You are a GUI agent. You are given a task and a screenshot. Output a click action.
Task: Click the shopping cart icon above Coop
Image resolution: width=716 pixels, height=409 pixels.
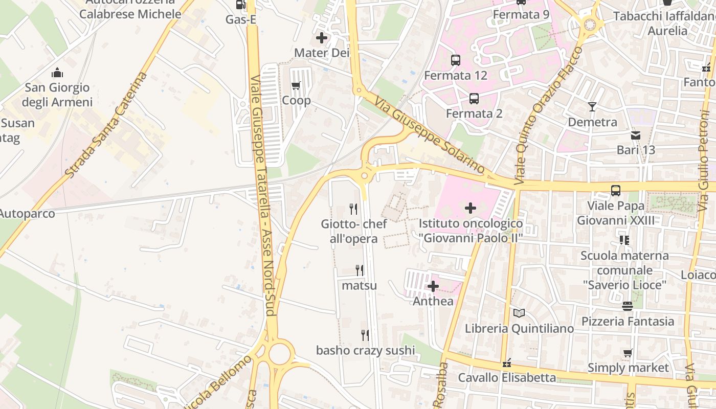296,85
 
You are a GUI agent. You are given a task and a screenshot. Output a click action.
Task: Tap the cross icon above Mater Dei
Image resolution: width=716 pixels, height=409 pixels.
321,37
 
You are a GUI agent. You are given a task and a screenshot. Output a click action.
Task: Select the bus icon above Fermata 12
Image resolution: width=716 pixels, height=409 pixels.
455,60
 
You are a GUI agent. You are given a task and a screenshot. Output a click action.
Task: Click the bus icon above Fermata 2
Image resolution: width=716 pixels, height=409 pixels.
474,98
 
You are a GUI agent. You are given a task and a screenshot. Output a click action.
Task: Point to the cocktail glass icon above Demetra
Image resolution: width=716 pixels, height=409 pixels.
592,107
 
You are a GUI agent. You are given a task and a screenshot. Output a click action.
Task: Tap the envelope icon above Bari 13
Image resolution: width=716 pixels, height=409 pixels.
635,135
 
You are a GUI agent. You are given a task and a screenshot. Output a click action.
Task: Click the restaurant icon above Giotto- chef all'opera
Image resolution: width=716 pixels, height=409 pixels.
353,209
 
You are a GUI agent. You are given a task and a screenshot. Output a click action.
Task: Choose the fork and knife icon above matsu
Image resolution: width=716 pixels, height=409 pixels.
360,270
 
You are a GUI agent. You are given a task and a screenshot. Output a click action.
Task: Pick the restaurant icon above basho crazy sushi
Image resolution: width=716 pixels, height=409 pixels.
365,335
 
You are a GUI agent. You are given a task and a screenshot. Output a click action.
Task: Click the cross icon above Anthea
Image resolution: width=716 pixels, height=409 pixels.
433,286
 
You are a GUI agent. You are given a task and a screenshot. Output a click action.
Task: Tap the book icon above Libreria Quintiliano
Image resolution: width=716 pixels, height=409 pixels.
519,313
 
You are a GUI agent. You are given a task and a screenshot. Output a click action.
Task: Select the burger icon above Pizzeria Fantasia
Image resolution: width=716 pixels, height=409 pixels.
628,306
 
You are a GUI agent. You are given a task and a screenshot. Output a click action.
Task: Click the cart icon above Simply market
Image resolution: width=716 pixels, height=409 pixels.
628,353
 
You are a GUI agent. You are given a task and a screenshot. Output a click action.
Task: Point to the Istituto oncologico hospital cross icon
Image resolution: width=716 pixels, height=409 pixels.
471,208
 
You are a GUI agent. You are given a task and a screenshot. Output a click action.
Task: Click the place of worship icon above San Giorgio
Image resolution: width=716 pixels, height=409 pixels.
57,73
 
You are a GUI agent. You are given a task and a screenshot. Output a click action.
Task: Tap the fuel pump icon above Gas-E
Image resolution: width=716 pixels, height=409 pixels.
240,5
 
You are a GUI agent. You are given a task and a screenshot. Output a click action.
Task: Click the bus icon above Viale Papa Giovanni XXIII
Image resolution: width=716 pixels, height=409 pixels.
616,191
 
